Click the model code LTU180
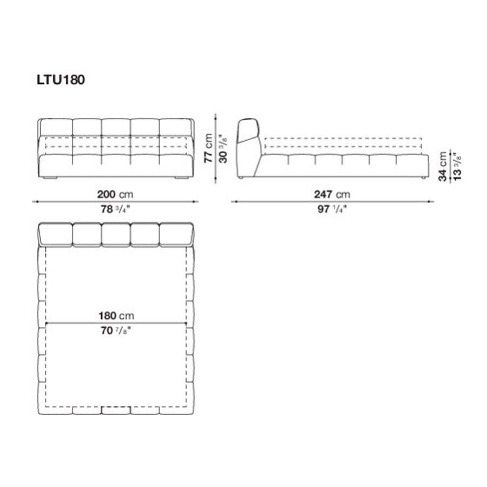pos(61,80)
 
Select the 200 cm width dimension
pos(115,194)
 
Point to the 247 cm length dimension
pos(332,194)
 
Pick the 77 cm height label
pos(208,148)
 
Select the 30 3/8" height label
pos(223,148)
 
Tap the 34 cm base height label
pos(443,167)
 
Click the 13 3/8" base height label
pos(457,167)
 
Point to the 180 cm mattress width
pos(116,316)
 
